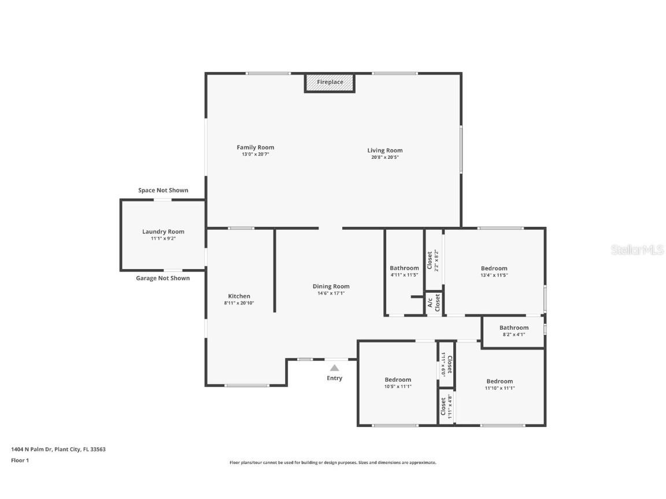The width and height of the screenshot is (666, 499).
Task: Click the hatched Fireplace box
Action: click(330, 83)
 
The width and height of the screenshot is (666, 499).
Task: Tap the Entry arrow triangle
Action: click(335, 368)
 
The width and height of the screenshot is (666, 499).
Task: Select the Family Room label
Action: click(256, 147)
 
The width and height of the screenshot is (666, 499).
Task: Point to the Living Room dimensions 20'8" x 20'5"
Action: click(385, 157)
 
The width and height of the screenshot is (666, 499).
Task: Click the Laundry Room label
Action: click(163, 231)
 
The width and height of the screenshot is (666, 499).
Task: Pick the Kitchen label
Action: click(239, 296)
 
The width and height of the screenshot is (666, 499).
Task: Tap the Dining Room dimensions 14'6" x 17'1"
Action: click(331, 293)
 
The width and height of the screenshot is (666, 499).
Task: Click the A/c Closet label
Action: click(434, 303)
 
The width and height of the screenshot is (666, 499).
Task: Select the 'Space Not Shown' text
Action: click(163, 190)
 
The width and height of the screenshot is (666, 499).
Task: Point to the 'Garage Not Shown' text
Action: click(162, 278)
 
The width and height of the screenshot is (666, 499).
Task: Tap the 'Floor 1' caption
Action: click(20, 460)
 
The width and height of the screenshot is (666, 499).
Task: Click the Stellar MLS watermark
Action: click(637, 250)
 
